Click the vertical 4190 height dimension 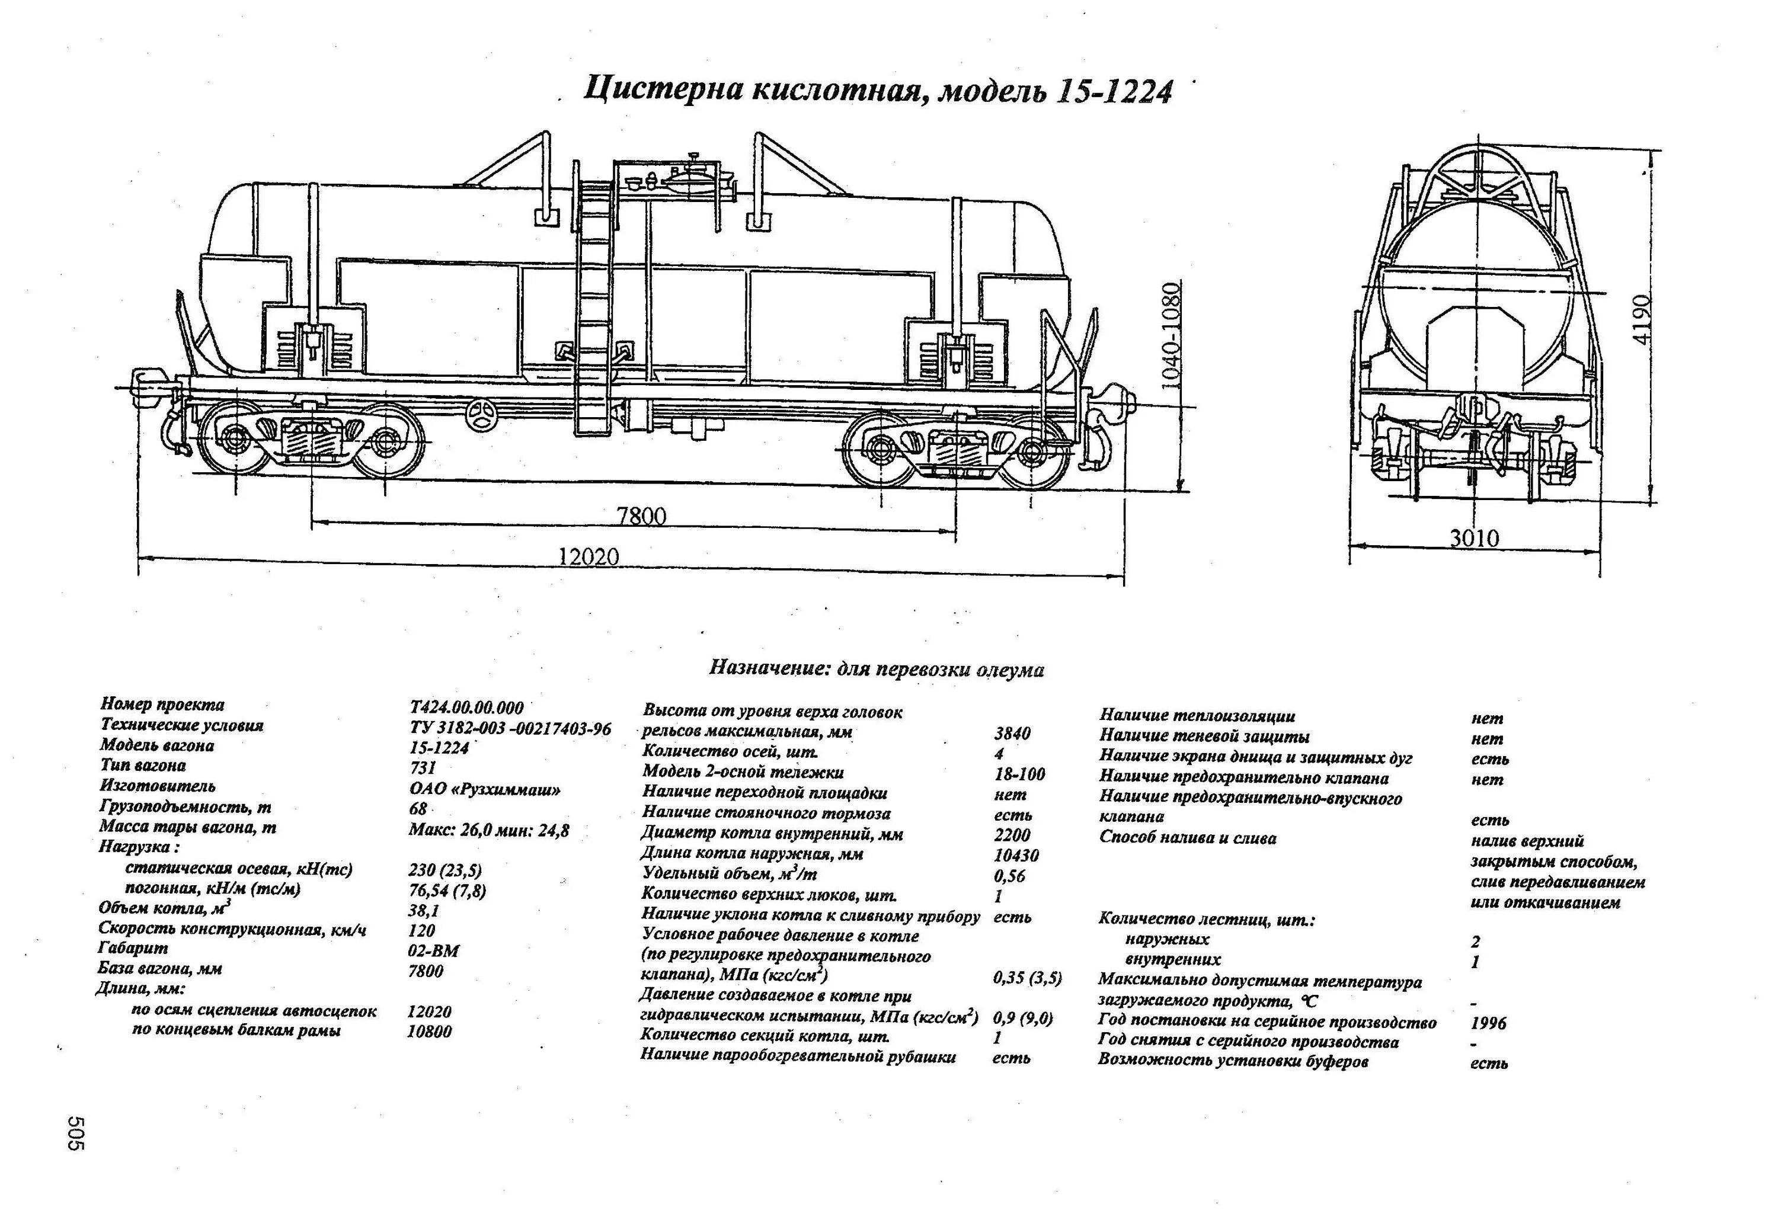click(x=1641, y=320)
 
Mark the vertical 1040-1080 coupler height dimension click(x=1171, y=336)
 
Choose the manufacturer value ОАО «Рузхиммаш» click(x=484, y=789)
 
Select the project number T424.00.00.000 click(x=466, y=707)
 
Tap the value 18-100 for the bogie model click(x=1019, y=774)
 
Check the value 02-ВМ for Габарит click(x=433, y=951)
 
